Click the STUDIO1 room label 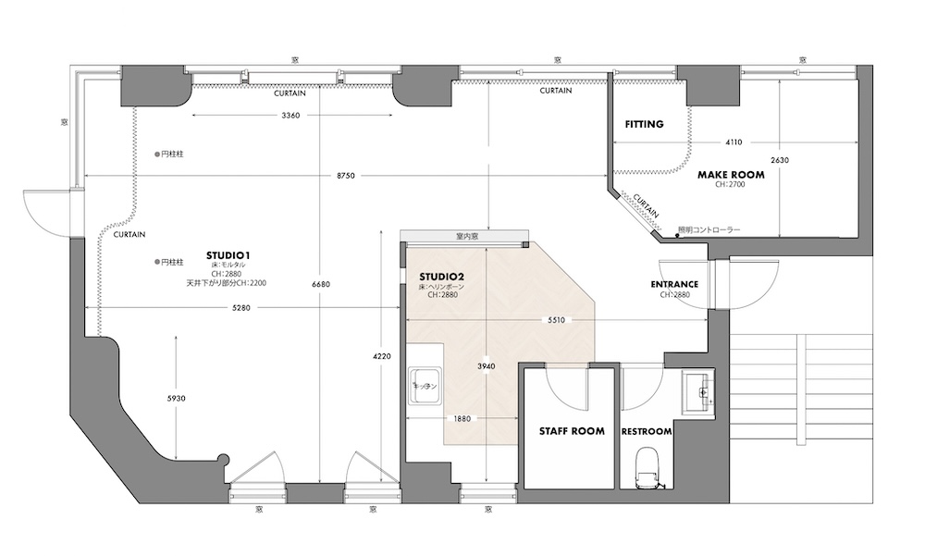coord(230,254)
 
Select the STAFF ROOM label coord(572,431)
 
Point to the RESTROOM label coord(647,432)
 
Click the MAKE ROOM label coord(731,174)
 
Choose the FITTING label coord(644,124)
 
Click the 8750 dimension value coord(347,176)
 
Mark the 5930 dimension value coord(176,398)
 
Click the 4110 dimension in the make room coord(734,142)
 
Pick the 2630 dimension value coord(781,159)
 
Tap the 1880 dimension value coord(462,418)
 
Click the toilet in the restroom coord(647,464)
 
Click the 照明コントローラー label coord(710,229)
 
